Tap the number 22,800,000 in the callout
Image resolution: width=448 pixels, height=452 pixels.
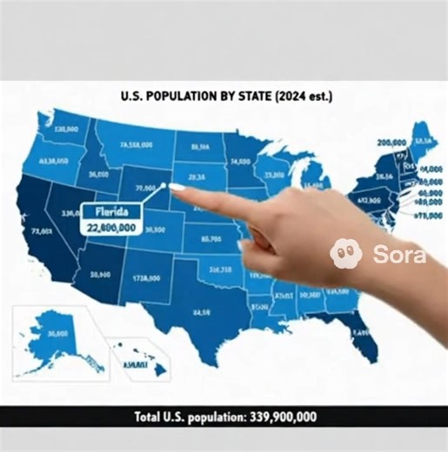tap(111, 227)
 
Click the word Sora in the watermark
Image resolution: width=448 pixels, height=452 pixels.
tap(399, 255)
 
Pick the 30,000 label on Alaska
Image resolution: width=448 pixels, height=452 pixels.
tap(57, 333)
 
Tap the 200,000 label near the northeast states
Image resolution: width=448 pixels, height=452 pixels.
tap(391, 142)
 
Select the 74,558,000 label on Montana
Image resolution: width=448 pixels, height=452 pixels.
tap(137, 144)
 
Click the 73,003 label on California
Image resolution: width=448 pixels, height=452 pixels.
tap(40, 231)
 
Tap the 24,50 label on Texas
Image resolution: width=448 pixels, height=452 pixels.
tap(201, 311)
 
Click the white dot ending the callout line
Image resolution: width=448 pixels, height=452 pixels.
tap(162, 185)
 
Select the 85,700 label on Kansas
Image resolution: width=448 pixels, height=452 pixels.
tap(210, 237)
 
